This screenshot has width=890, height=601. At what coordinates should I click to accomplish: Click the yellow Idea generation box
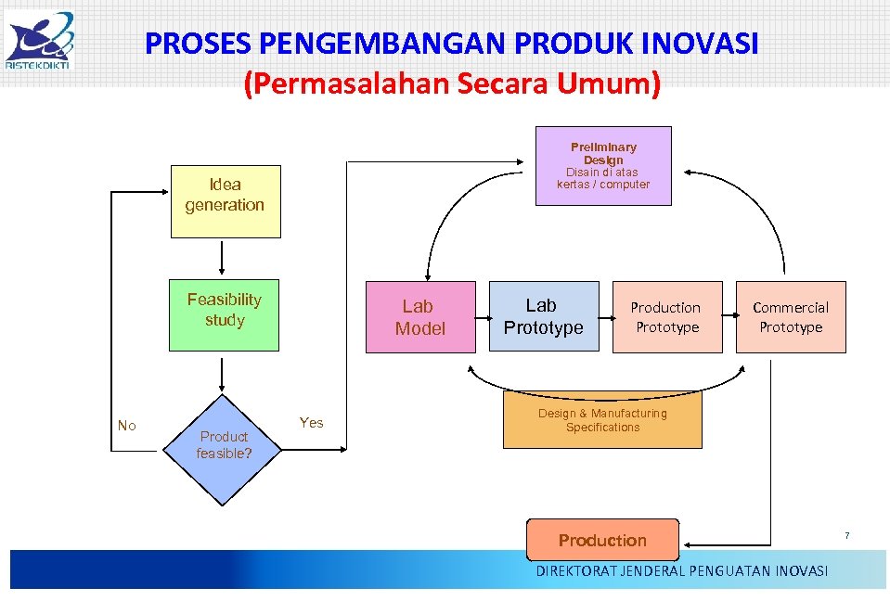tap(224, 202)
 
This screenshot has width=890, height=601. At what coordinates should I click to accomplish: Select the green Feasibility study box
tap(224, 315)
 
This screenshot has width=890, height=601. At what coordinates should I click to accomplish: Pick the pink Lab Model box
tap(419, 316)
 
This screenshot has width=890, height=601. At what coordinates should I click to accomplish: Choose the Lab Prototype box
tap(543, 316)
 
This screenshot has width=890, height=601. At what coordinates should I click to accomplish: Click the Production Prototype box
tap(666, 316)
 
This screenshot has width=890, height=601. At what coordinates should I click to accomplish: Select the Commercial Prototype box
tap(791, 316)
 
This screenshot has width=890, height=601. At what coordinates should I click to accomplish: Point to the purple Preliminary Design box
tap(603, 165)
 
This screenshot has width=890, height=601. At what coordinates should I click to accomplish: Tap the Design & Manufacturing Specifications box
tap(602, 420)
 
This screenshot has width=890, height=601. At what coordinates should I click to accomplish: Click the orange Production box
tap(602, 540)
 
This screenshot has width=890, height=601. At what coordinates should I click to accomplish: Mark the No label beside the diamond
tap(127, 426)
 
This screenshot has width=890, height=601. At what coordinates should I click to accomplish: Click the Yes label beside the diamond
tap(312, 423)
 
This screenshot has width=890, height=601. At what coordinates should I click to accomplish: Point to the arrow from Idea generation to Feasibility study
tap(223, 259)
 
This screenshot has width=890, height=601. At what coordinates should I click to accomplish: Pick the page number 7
tap(846, 536)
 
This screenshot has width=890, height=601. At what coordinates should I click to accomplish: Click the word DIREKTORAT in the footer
tap(575, 571)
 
